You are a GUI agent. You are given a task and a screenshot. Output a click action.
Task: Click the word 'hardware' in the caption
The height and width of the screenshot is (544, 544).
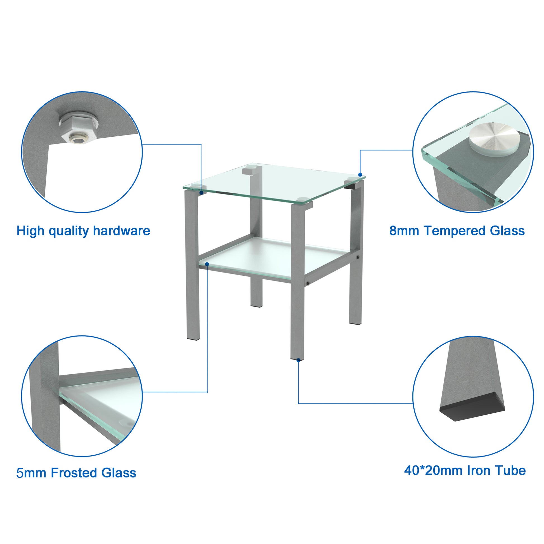tap(121, 231)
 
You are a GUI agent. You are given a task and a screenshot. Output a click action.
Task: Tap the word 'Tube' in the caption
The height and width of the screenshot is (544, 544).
tap(513, 470)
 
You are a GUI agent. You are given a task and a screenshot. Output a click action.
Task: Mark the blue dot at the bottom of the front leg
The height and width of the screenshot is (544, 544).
tap(299, 360)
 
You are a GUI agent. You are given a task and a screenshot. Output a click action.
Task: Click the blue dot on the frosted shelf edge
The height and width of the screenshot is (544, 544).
tap(207, 264)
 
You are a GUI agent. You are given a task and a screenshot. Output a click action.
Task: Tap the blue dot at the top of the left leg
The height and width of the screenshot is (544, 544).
tap(201, 193)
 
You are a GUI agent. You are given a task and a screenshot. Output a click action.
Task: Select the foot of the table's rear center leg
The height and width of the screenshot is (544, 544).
tap(256, 305)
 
